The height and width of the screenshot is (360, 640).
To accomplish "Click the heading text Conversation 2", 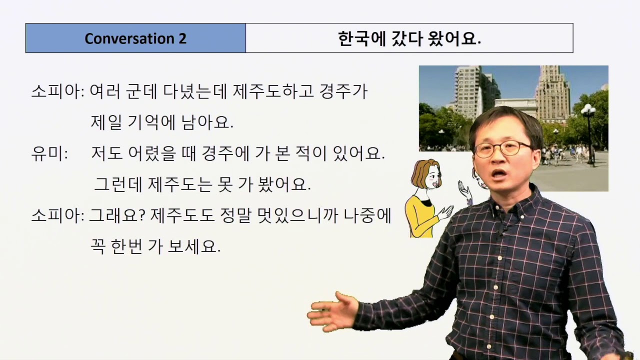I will pos(135,38).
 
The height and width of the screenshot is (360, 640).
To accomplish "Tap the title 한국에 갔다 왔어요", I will pos(409,38).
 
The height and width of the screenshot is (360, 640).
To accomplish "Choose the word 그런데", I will pos(118,184).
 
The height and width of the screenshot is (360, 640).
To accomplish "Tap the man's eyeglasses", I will pos(502,148).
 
